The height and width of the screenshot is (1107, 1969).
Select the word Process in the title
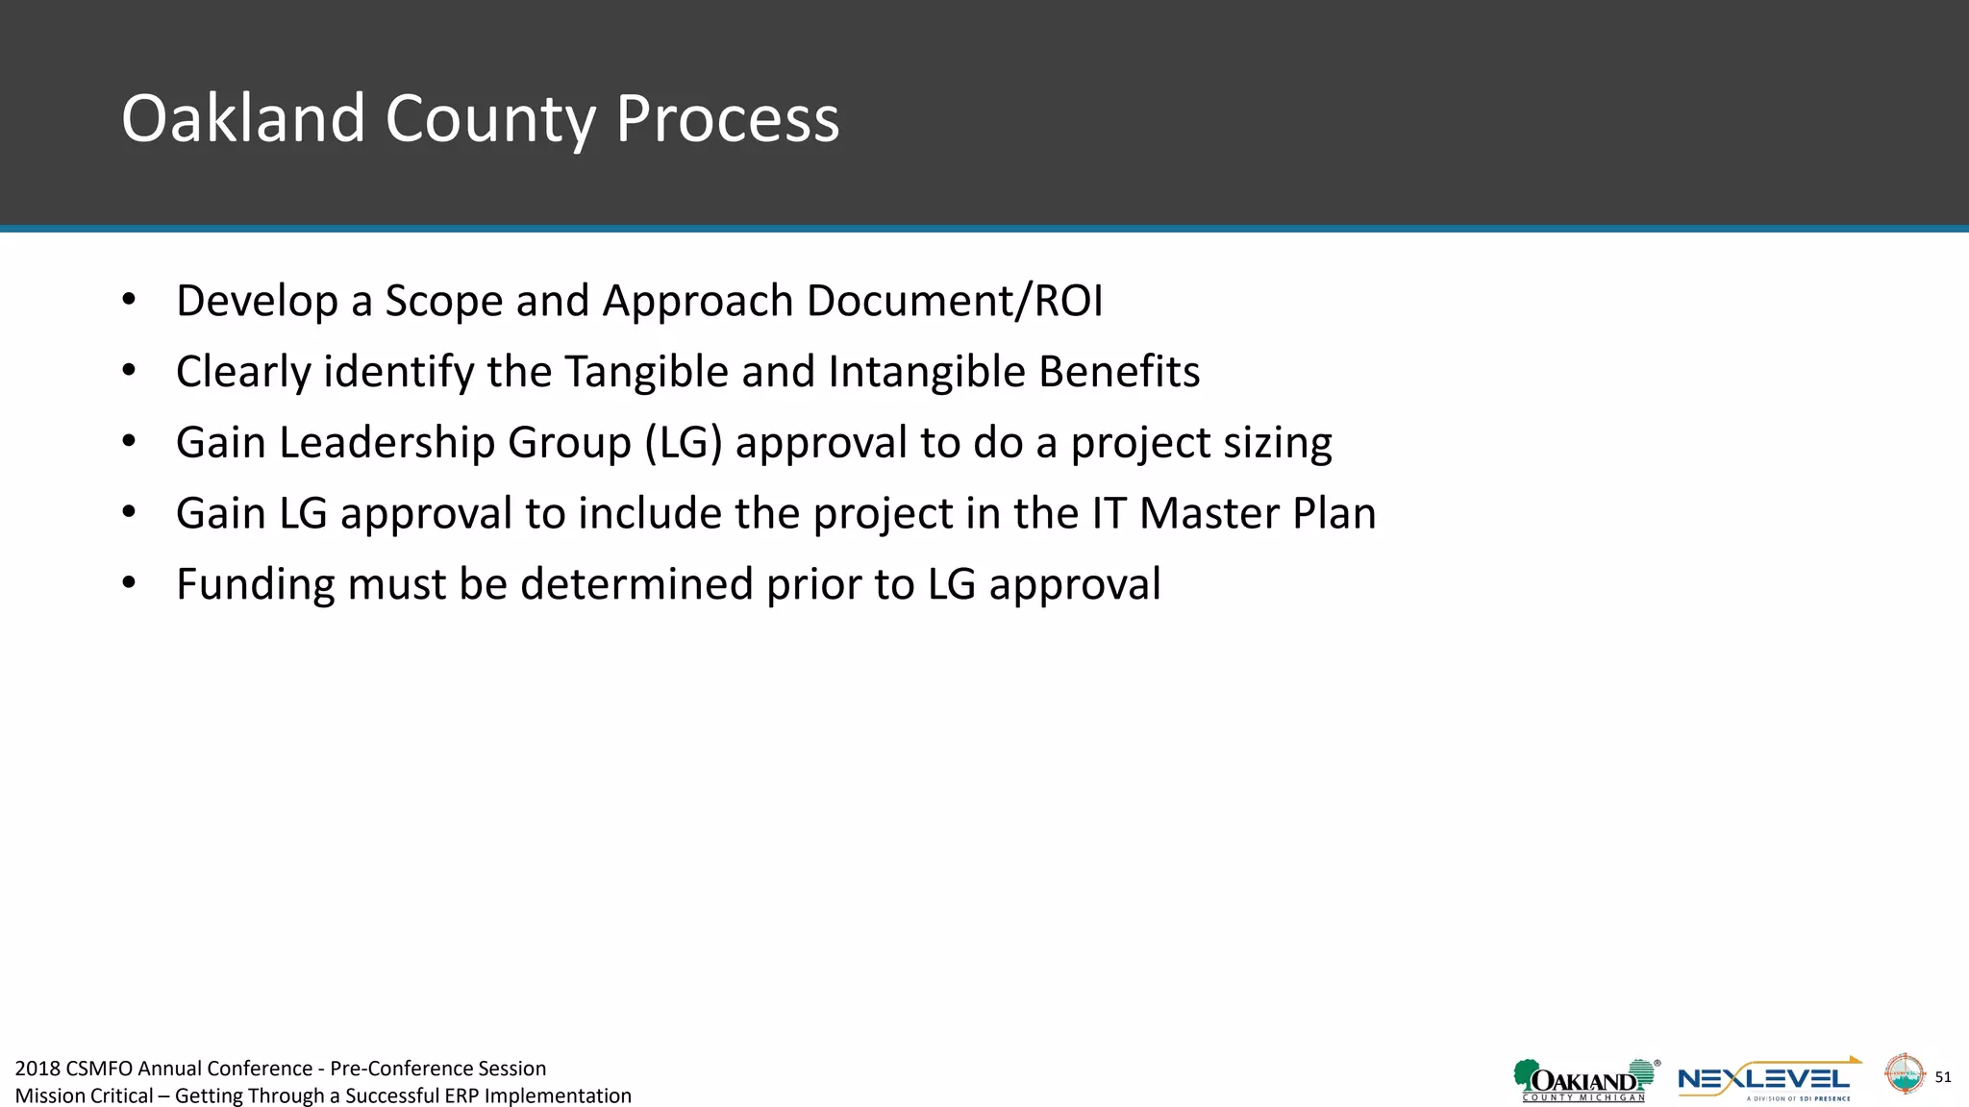727,119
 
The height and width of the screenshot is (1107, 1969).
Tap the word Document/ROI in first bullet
954,301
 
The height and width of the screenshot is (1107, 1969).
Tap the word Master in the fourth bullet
1209,513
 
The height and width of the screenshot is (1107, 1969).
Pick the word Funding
256,584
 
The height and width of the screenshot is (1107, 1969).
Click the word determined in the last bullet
636,584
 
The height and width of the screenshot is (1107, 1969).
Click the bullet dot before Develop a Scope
129,299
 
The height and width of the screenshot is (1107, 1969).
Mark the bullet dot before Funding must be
129,582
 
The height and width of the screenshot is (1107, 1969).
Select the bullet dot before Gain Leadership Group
129,441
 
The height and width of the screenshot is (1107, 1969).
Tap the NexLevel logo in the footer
1767,1080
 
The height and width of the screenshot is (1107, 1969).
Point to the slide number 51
1942,1077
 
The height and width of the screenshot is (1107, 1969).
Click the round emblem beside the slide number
1903,1073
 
